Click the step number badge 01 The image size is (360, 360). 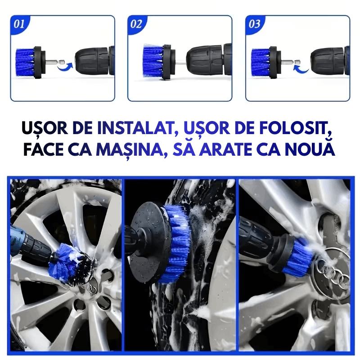tap(19, 24)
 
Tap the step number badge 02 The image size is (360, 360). tap(136, 24)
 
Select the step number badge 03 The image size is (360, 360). tap(254, 24)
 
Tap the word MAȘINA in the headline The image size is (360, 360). tap(131, 150)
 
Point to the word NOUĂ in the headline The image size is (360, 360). tap(313, 150)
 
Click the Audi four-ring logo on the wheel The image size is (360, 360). tap(336, 279)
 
